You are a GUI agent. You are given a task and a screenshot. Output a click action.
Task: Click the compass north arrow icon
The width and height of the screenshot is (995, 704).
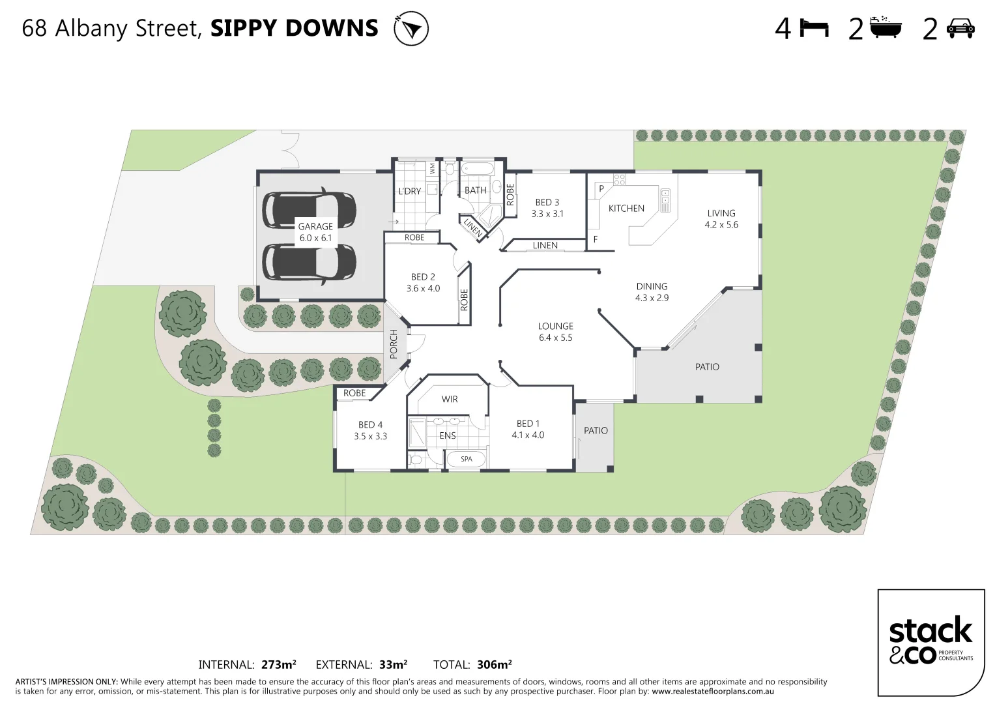(411, 29)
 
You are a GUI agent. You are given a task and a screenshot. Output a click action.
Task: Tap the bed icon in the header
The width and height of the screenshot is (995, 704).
(814, 29)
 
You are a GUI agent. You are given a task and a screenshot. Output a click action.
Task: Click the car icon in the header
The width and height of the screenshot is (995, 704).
(960, 29)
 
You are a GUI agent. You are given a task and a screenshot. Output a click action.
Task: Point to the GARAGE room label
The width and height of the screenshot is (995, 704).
(315, 227)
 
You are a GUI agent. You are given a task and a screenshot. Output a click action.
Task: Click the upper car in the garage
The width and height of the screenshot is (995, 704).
(309, 209)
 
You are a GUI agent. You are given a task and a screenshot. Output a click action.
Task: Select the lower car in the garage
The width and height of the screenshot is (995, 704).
(309, 262)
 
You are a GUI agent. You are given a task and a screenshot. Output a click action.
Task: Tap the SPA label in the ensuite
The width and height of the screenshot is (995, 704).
(467, 459)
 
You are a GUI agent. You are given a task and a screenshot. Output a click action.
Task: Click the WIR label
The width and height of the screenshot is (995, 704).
(450, 399)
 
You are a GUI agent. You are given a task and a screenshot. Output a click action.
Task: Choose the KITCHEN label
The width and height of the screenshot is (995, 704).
(626, 209)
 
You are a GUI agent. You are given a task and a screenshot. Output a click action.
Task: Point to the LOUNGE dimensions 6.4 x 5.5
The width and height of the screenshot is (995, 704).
(555, 338)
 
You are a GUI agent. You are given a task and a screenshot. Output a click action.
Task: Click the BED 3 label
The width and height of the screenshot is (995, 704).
(547, 203)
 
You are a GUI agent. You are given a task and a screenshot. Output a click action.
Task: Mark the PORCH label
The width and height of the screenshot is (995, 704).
(394, 344)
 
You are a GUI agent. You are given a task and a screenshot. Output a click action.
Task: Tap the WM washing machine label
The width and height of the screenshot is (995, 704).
(432, 169)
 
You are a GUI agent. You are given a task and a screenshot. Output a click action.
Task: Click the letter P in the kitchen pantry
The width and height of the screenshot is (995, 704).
(601, 189)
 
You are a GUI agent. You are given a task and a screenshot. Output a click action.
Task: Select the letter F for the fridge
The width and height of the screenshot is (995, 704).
(595, 240)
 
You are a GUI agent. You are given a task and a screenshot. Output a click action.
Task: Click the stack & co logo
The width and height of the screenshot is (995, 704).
(930, 641)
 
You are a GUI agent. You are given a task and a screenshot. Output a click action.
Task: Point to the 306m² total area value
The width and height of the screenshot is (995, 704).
(494, 665)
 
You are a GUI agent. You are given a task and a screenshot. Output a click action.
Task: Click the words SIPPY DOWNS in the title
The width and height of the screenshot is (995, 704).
(294, 29)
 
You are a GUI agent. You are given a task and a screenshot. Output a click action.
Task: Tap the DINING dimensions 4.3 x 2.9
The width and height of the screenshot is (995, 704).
(652, 298)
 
